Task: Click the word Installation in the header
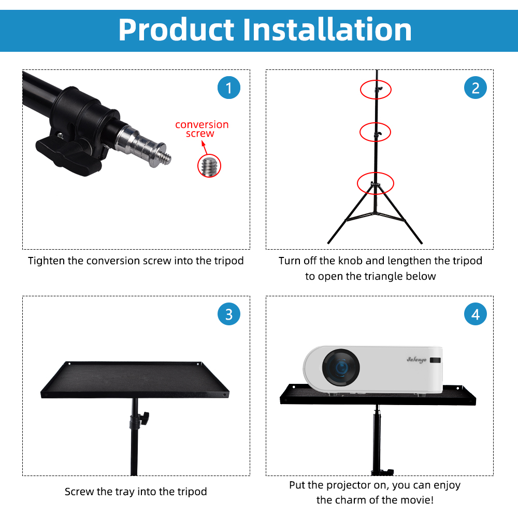[328, 30]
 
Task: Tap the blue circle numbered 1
[229, 88]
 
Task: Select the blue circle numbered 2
[476, 88]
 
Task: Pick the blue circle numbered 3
[229, 314]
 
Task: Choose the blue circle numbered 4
[476, 314]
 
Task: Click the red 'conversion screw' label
[202, 129]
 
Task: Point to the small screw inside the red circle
[209, 166]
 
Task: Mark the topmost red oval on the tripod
[376, 89]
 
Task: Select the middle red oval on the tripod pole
[376, 132]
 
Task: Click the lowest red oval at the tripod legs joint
[376, 183]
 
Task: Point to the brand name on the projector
[416, 359]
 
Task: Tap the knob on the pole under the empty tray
[146, 415]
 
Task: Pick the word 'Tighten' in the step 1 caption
[47, 261]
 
